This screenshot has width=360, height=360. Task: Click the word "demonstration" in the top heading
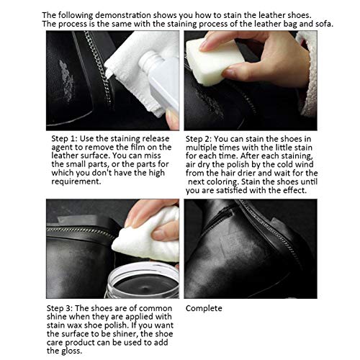[123, 15]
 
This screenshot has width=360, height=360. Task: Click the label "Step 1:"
[64, 139]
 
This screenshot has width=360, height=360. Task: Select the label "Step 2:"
[199, 139]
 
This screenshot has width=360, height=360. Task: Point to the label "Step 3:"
[60, 308]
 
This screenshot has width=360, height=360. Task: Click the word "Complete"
[204, 309]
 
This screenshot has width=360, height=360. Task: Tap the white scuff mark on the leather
[66, 81]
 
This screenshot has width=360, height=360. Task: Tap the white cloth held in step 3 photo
[147, 238]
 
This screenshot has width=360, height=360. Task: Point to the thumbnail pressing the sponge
[228, 72]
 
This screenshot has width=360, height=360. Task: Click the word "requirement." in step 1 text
[76, 181]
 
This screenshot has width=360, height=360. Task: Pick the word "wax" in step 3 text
[76, 325]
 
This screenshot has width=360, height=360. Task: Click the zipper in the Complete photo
[269, 230]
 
